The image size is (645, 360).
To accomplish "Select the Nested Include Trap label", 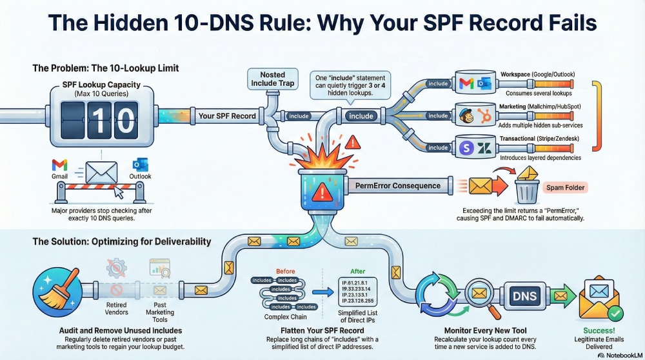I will [272, 79].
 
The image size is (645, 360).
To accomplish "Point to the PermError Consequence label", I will [398, 186].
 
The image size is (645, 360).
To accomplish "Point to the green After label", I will [357, 272].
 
